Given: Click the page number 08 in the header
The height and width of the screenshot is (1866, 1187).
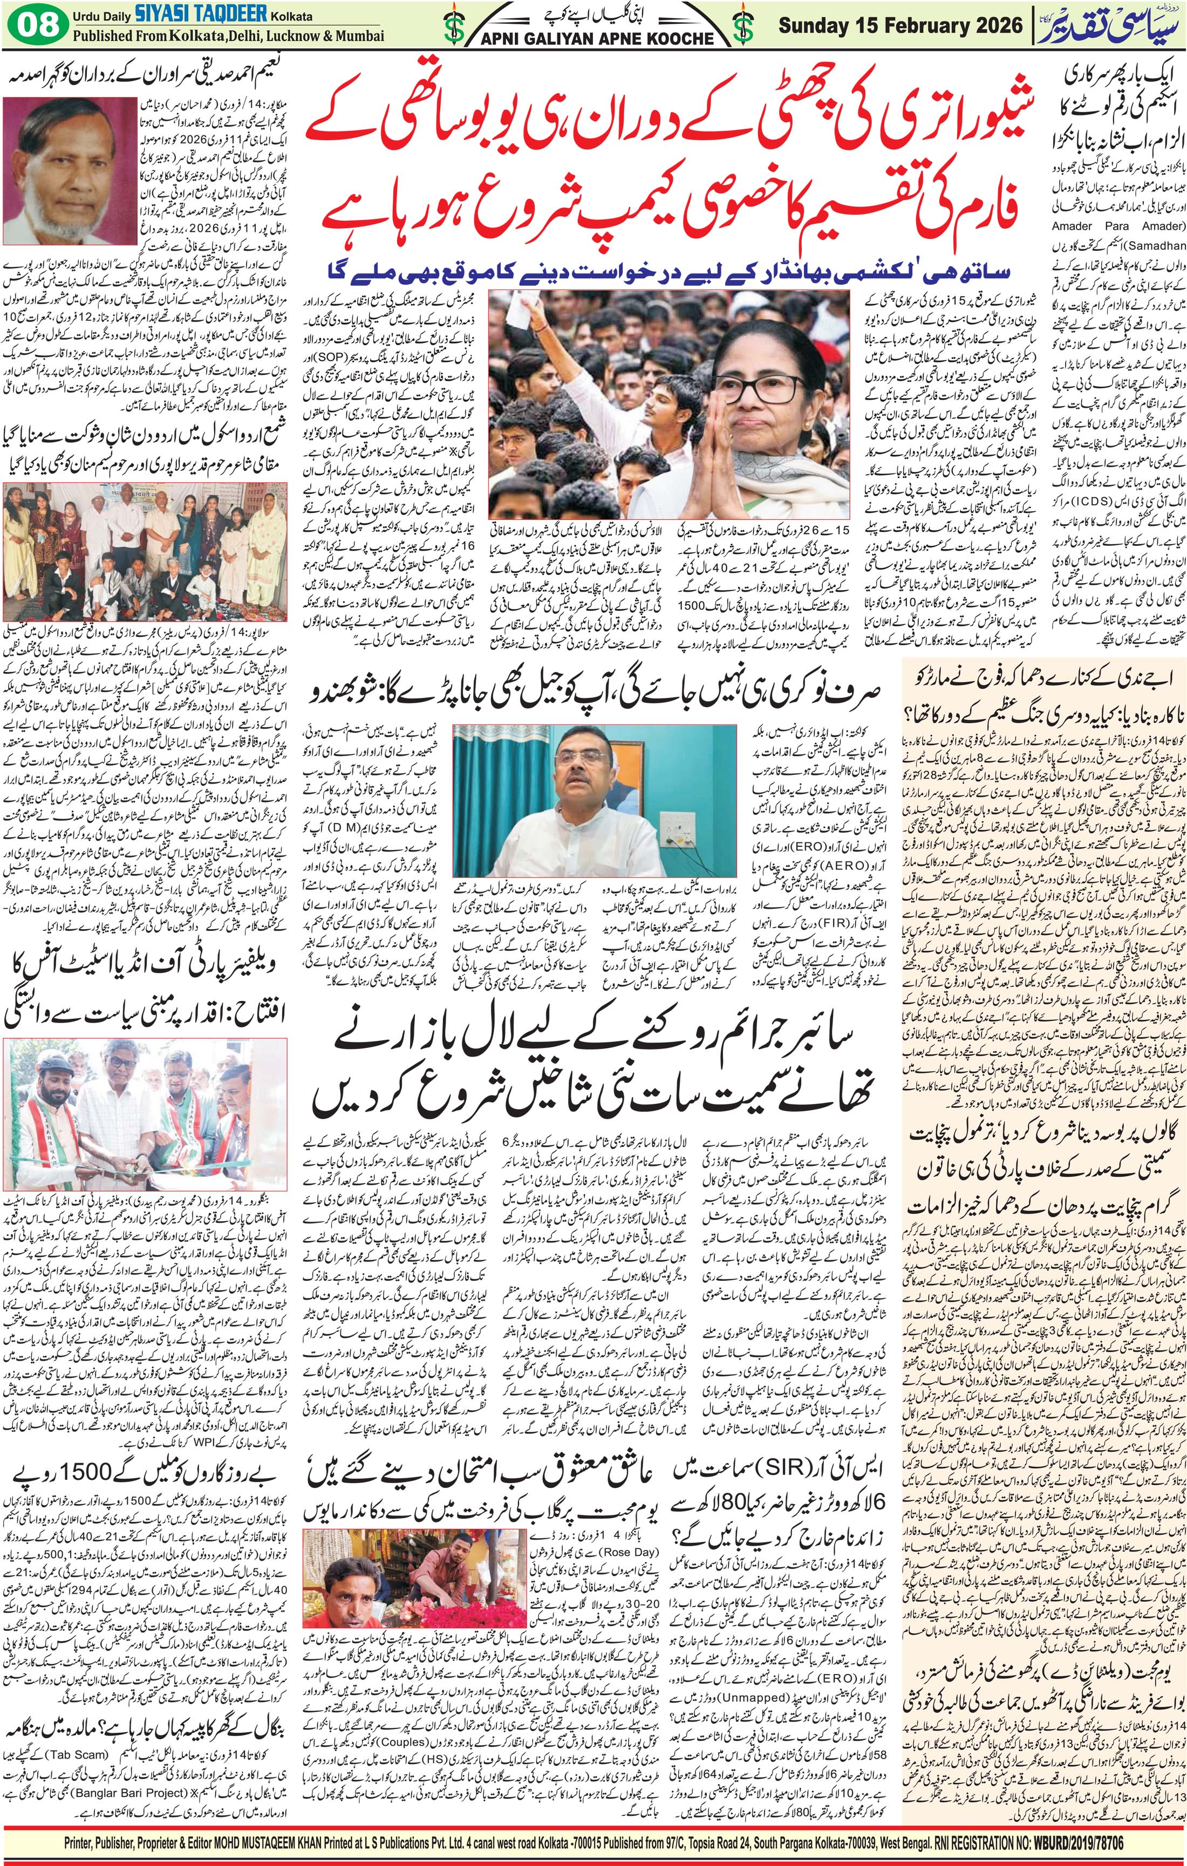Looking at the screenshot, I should (33, 24).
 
